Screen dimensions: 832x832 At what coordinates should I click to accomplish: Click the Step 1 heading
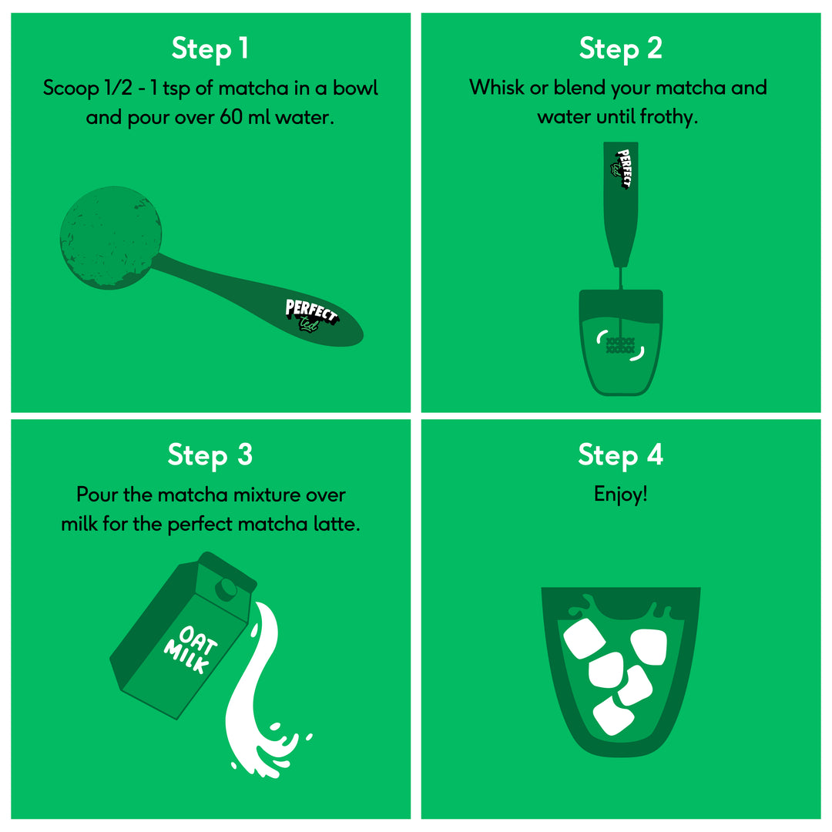click(210, 49)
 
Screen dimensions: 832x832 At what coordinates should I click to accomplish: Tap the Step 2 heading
click(620, 49)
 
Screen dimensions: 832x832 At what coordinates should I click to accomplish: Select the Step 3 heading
click(210, 456)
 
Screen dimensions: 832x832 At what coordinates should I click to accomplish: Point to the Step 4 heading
click(620, 456)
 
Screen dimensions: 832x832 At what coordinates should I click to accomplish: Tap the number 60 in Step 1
click(231, 117)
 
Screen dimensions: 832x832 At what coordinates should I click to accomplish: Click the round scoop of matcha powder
click(111, 237)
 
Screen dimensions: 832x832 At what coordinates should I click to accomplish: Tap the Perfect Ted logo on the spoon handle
click(311, 316)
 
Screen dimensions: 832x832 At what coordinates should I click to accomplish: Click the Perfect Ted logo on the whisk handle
click(622, 169)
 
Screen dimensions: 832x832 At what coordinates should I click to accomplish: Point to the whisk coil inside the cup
click(620, 345)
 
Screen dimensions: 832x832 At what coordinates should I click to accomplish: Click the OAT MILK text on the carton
click(190, 649)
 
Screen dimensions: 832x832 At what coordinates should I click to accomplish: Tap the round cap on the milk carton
click(226, 589)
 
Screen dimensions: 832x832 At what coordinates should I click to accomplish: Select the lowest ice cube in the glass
click(613, 716)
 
